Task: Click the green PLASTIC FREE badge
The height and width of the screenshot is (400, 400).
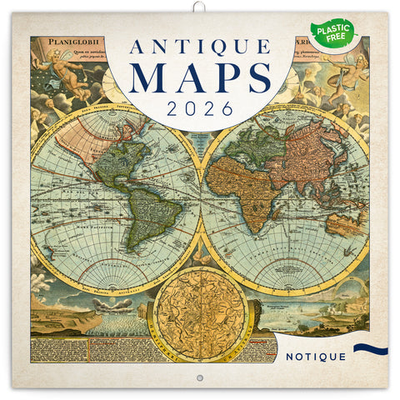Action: [x=332, y=32]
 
